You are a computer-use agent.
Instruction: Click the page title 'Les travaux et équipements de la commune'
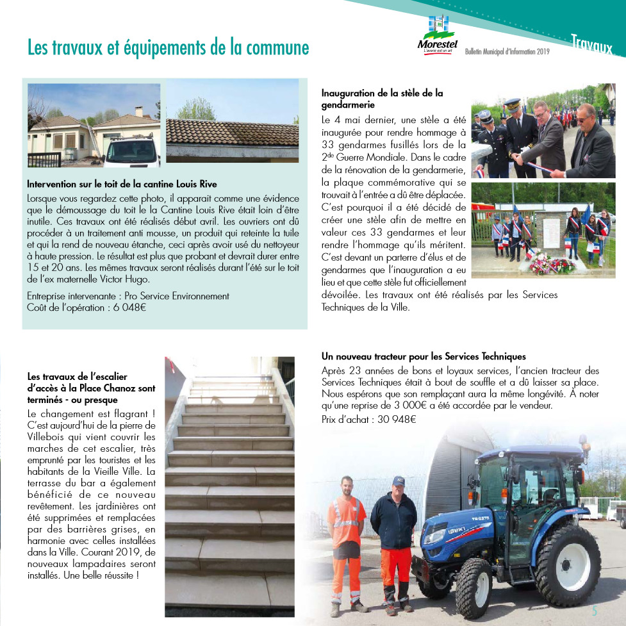168,47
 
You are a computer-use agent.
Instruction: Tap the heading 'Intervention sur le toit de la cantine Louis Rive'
122,184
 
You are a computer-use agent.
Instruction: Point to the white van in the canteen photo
131,151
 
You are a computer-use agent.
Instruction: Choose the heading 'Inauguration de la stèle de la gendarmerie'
382,99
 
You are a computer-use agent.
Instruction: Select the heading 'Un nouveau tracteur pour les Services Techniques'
424,356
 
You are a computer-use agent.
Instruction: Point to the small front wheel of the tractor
474,588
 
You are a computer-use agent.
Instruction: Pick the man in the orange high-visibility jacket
346,538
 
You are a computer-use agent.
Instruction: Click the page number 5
595,611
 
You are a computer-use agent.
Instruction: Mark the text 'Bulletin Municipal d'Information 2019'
507,51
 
